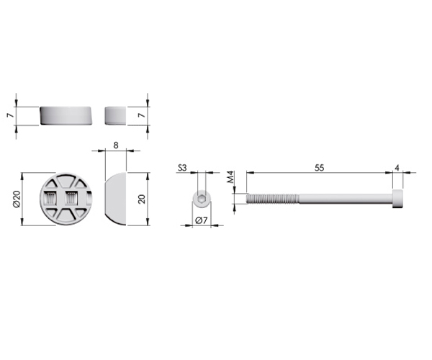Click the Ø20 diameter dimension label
17,199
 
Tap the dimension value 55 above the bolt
319,168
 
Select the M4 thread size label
230,177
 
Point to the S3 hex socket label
182,168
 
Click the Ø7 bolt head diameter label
201,220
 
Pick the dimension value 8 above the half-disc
116,145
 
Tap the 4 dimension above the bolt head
397,168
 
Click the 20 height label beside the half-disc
142,199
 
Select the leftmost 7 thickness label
11,115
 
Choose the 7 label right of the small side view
142,115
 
